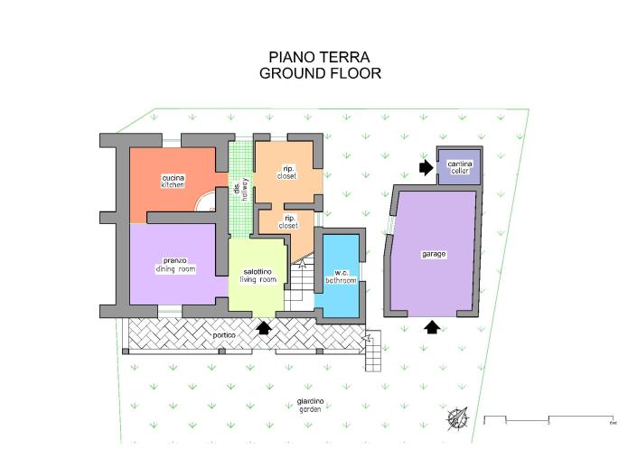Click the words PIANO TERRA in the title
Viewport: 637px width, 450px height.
[x=319, y=57]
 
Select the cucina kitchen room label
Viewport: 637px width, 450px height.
[x=173, y=181]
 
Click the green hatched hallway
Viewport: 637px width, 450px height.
[x=239, y=190]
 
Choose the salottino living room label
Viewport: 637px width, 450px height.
[x=258, y=276]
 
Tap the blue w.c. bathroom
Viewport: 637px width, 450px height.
[x=341, y=277]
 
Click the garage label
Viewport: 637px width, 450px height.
[x=433, y=254]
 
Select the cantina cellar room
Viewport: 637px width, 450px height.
[x=459, y=168]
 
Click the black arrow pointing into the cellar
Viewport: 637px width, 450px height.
[x=426, y=167]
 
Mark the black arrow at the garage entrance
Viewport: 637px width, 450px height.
[x=433, y=327]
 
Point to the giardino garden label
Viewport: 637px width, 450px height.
[x=310, y=405]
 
